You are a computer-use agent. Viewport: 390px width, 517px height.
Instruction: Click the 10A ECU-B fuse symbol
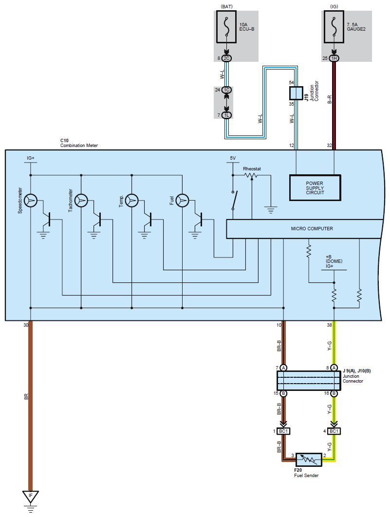[226, 27]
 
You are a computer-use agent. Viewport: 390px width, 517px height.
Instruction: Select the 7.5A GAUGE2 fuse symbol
[334, 27]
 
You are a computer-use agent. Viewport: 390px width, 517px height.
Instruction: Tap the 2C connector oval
[226, 58]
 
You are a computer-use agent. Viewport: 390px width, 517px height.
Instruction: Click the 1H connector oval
[334, 58]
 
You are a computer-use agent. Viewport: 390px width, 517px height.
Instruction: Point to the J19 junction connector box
[296, 93]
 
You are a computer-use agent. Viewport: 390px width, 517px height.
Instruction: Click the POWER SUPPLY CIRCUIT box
[315, 187]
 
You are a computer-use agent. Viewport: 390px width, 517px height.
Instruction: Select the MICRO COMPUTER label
[312, 228]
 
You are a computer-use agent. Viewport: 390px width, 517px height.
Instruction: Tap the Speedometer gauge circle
[31, 200]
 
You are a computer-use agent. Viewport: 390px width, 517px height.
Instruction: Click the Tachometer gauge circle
[81, 200]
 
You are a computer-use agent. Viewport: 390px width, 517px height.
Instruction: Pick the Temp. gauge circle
[132, 200]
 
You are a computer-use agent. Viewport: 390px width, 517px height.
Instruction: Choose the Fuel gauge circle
[182, 200]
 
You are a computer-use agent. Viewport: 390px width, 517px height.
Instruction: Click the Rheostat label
[252, 169]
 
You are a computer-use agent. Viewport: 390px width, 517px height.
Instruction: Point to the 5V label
[233, 158]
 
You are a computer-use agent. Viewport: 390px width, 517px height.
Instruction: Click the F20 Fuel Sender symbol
[309, 460]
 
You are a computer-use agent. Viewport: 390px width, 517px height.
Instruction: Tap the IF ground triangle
[31, 497]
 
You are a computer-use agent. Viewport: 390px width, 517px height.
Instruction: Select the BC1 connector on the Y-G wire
[334, 431]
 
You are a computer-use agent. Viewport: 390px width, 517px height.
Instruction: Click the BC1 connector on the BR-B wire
[283, 431]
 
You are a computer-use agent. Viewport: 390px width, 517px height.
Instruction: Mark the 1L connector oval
[226, 115]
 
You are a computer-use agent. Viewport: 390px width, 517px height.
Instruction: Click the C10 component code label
[64, 141]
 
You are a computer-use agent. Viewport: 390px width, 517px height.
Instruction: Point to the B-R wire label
[329, 100]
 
